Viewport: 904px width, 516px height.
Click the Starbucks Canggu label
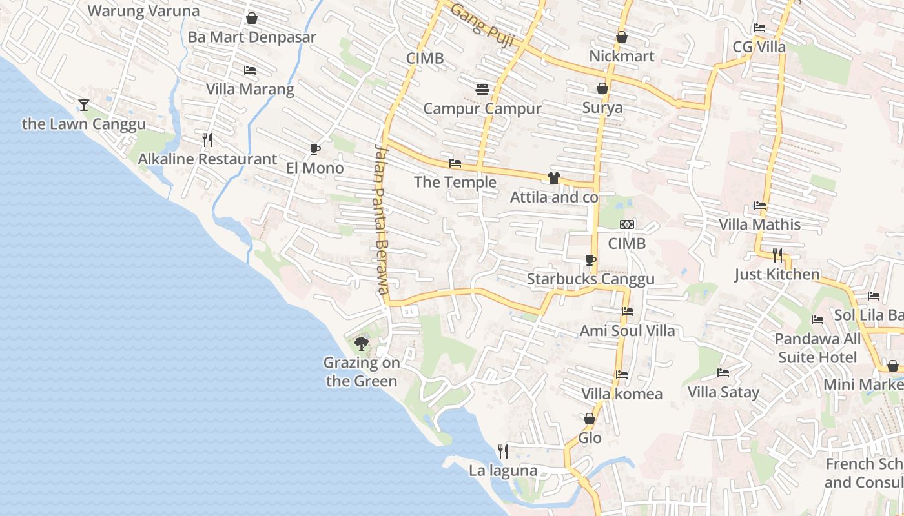pos(590,279)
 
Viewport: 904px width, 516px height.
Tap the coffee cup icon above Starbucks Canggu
pos(590,260)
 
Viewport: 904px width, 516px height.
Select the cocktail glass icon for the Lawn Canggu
pos(83,104)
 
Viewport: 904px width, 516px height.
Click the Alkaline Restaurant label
pos(207,159)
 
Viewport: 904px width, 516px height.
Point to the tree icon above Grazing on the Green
pos(362,343)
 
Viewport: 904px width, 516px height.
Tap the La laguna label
pos(503,470)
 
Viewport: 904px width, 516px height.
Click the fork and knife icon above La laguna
pos(502,451)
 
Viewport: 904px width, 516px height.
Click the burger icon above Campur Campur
pos(482,90)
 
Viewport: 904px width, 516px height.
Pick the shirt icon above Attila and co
pos(553,178)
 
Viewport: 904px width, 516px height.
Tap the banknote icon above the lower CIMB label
pos(626,224)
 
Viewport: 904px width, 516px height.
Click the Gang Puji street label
pos(482,25)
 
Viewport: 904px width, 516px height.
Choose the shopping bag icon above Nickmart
pos(621,37)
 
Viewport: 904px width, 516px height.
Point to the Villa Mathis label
pos(760,224)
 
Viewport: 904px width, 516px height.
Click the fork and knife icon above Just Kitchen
pos(777,255)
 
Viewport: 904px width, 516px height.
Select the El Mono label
pos(314,168)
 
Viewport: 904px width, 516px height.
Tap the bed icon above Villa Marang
pos(249,70)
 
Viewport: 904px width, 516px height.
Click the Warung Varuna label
pos(143,10)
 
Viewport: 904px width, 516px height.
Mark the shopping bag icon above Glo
pos(590,419)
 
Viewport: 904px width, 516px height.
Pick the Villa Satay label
pos(723,392)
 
